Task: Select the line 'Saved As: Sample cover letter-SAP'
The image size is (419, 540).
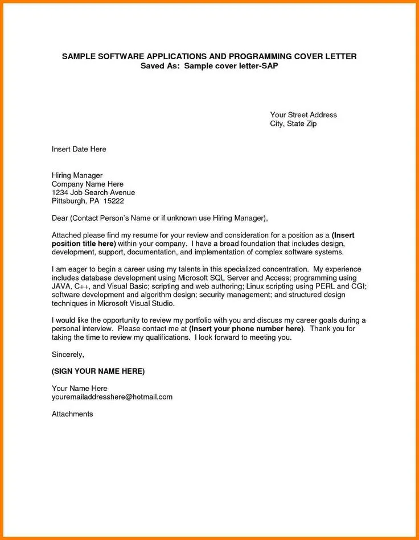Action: point(209,65)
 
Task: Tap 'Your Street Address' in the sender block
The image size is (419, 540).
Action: point(303,115)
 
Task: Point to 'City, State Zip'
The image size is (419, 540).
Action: point(293,123)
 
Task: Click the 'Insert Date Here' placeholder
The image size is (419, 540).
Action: point(79,149)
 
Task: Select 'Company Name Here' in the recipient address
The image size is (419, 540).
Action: point(88,184)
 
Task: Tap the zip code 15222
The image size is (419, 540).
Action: point(113,201)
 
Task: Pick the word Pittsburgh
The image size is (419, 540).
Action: point(68,201)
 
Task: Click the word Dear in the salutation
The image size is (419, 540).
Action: point(60,218)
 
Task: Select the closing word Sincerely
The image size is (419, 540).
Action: point(68,354)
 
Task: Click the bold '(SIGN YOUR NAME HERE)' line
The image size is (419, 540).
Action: point(98,371)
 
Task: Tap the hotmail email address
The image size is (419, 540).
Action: point(112,397)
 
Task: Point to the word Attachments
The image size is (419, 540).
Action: point(72,414)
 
